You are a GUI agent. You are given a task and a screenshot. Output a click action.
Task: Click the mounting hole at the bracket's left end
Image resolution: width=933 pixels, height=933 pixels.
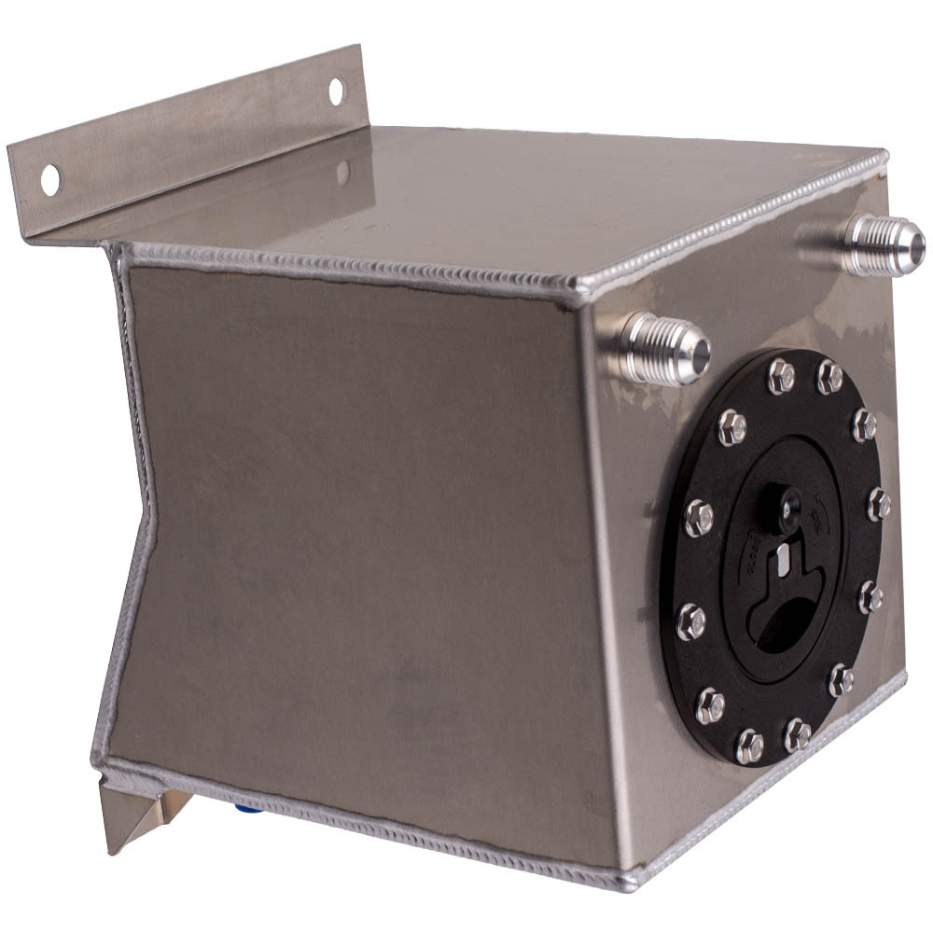(x=49, y=179)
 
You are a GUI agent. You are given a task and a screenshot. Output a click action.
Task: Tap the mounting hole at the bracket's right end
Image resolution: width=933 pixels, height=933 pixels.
(x=336, y=90)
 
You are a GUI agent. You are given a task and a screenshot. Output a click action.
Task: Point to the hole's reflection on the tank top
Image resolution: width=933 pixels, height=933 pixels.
(x=343, y=172)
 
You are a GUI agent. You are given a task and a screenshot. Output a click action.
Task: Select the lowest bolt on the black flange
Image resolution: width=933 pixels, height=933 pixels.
(x=749, y=745)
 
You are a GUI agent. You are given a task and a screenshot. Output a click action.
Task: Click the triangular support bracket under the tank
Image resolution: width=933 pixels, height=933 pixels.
(x=140, y=812)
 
